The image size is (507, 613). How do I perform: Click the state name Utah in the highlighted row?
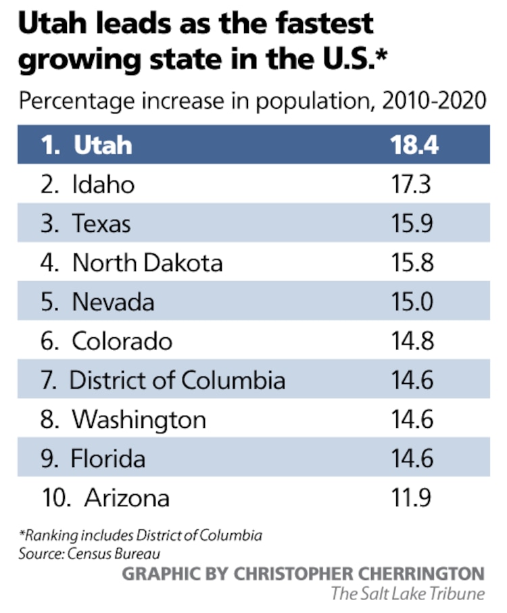(x=103, y=145)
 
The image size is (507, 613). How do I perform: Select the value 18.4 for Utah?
(x=413, y=145)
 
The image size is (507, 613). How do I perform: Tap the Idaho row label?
(x=103, y=184)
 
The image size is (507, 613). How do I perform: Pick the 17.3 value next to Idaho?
(x=412, y=184)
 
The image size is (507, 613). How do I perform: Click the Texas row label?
(x=101, y=223)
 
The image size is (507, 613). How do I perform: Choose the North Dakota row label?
(x=147, y=262)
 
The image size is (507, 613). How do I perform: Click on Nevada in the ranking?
(x=113, y=301)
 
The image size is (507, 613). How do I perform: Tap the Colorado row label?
(x=122, y=341)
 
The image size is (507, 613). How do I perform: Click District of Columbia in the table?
(x=177, y=380)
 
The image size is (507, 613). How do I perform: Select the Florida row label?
(x=107, y=459)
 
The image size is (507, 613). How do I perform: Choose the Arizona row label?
(x=126, y=498)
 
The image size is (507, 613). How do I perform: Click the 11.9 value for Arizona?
(x=412, y=498)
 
